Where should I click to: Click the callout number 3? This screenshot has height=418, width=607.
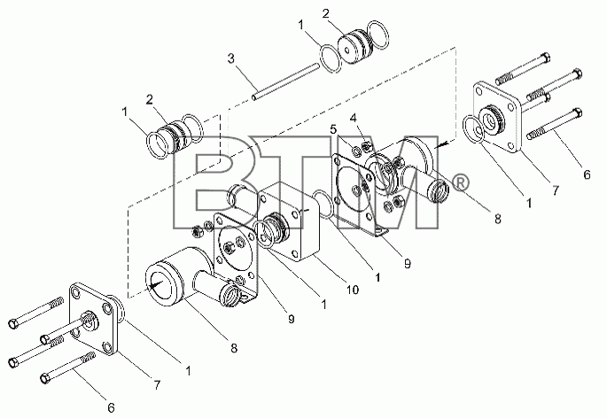231,59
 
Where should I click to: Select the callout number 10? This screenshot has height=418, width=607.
353,289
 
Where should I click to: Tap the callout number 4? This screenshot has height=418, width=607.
353,118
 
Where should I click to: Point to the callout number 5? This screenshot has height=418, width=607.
334,129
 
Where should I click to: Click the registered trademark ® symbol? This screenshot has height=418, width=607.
460,182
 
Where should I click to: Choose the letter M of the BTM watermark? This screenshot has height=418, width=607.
387,182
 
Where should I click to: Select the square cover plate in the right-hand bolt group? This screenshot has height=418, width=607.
497,117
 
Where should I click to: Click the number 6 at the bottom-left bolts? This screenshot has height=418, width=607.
111,407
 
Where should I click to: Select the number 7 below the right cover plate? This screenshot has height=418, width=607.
556,190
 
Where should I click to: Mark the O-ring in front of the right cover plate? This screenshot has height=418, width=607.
474,128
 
